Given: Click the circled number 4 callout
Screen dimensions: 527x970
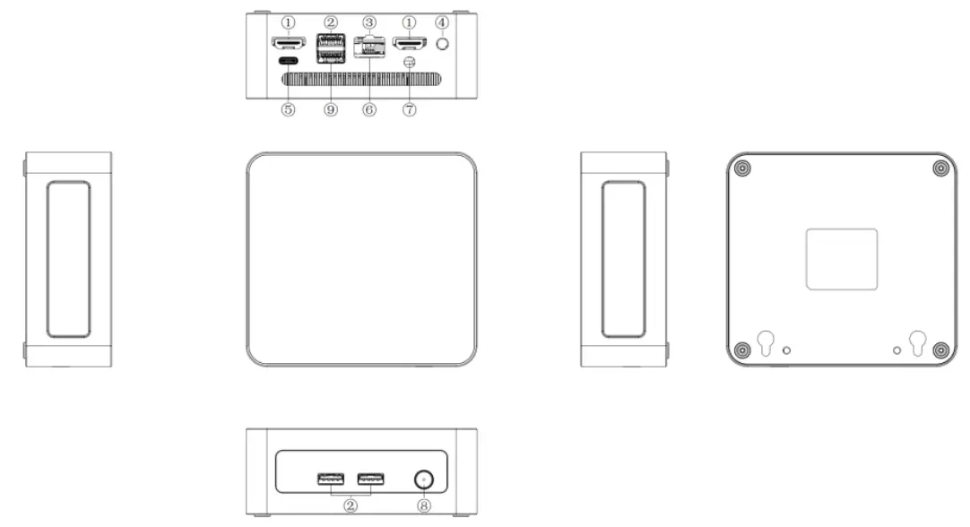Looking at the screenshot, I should pyautogui.click(x=440, y=22).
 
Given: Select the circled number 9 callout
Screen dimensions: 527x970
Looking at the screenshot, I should pyautogui.click(x=331, y=109).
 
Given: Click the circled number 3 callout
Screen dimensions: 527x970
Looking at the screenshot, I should pyautogui.click(x=368, y=22).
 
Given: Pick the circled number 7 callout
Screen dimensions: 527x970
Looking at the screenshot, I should pyautogui.click(x=410, y=109).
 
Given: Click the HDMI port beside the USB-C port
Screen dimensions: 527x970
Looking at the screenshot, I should pyautogui.click(x=289, y=41).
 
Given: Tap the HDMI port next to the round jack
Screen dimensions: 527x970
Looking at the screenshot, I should pyautogui.click(x=410, y=41).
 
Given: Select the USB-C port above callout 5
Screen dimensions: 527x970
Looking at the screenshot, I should pyautogui.click(x=289, y=62).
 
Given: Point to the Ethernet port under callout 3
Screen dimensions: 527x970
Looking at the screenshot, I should pyautogui.click(x=368, y=46).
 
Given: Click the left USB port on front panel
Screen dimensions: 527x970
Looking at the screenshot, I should pyautogui.click(x=330, y=479).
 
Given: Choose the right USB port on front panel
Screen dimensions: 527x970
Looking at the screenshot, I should pyautogui.click(x=371, y=479).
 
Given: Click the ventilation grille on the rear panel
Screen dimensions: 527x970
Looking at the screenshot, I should pyautogui.click(x=363, y=79).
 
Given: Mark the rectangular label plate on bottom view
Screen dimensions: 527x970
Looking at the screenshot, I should pyautogui.click(x=841, y=259).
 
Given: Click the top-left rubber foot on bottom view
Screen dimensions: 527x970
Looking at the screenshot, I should pyautogui.click(x=742, y=168).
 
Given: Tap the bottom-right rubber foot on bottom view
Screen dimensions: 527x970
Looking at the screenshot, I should pyautogui.click(x=940, y=350).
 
